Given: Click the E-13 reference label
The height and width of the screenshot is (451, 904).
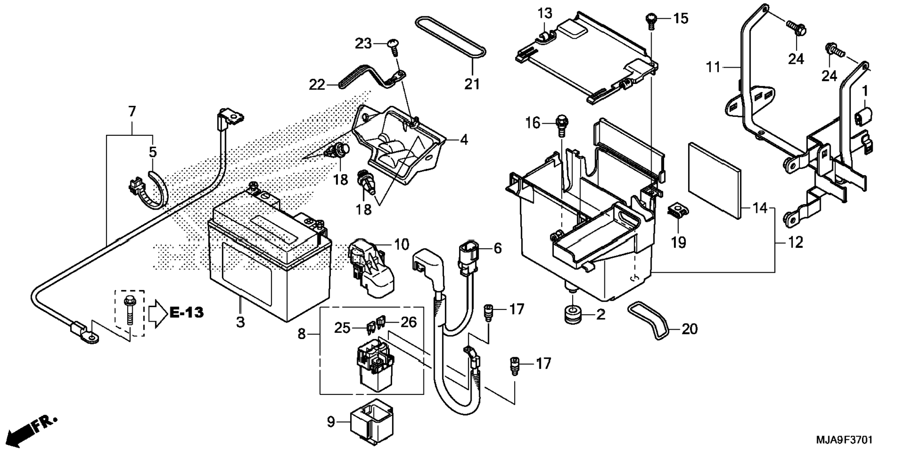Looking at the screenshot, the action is click(187, 312).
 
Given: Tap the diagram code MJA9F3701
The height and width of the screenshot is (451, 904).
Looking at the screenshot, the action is click(844, 440).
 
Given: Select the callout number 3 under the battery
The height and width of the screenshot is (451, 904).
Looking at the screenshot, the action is click(240, 322).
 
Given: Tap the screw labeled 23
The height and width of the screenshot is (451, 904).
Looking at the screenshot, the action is click(394, 47).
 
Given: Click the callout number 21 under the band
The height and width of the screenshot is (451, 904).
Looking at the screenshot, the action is click(472, 84).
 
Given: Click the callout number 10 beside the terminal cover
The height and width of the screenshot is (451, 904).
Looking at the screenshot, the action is click(402, 244).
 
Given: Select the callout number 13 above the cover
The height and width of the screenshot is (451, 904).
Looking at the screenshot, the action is click(545, 13).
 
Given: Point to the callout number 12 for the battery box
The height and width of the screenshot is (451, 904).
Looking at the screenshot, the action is click(795, 242).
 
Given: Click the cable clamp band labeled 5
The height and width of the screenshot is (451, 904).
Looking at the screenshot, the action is click(148, 190).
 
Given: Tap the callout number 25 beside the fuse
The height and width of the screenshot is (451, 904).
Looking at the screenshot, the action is click(342, 328).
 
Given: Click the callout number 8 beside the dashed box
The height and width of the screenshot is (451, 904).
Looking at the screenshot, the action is click(302, 334).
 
